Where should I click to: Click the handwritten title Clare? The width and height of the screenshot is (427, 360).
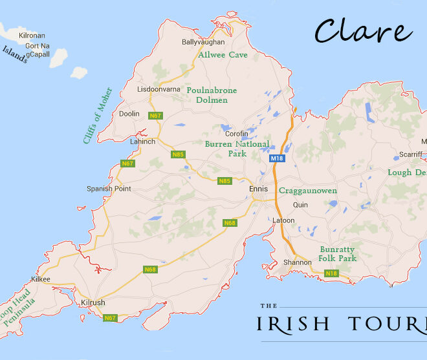click(x=363, y=32)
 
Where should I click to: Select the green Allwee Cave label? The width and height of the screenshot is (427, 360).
click(x=223, y=55)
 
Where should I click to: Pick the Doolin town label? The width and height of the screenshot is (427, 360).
click(x=129, y=113)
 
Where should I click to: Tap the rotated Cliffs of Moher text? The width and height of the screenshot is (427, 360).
click(x=98, y=115)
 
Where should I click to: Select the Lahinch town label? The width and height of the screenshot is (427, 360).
click(x=142, y=141)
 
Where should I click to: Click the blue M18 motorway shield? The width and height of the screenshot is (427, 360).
click(x=277, y=158)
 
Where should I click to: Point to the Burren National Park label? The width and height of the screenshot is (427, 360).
click(x=236, y=149)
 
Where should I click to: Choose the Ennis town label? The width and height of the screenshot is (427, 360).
click(x=258, y=189)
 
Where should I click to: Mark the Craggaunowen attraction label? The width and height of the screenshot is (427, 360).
click(x=307, y=191)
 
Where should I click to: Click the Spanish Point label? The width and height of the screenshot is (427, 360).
click(x=109, y=189)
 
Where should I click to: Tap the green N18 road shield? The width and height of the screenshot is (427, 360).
click(x=331, y=273)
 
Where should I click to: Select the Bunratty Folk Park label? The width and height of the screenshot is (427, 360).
click(x=337, y=253)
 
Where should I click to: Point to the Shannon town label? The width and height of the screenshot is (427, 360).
click(x=298, y=262)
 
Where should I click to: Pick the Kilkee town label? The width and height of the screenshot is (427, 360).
click(x=40, y=279)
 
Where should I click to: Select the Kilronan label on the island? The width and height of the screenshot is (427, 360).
click(x=32, y=35)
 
